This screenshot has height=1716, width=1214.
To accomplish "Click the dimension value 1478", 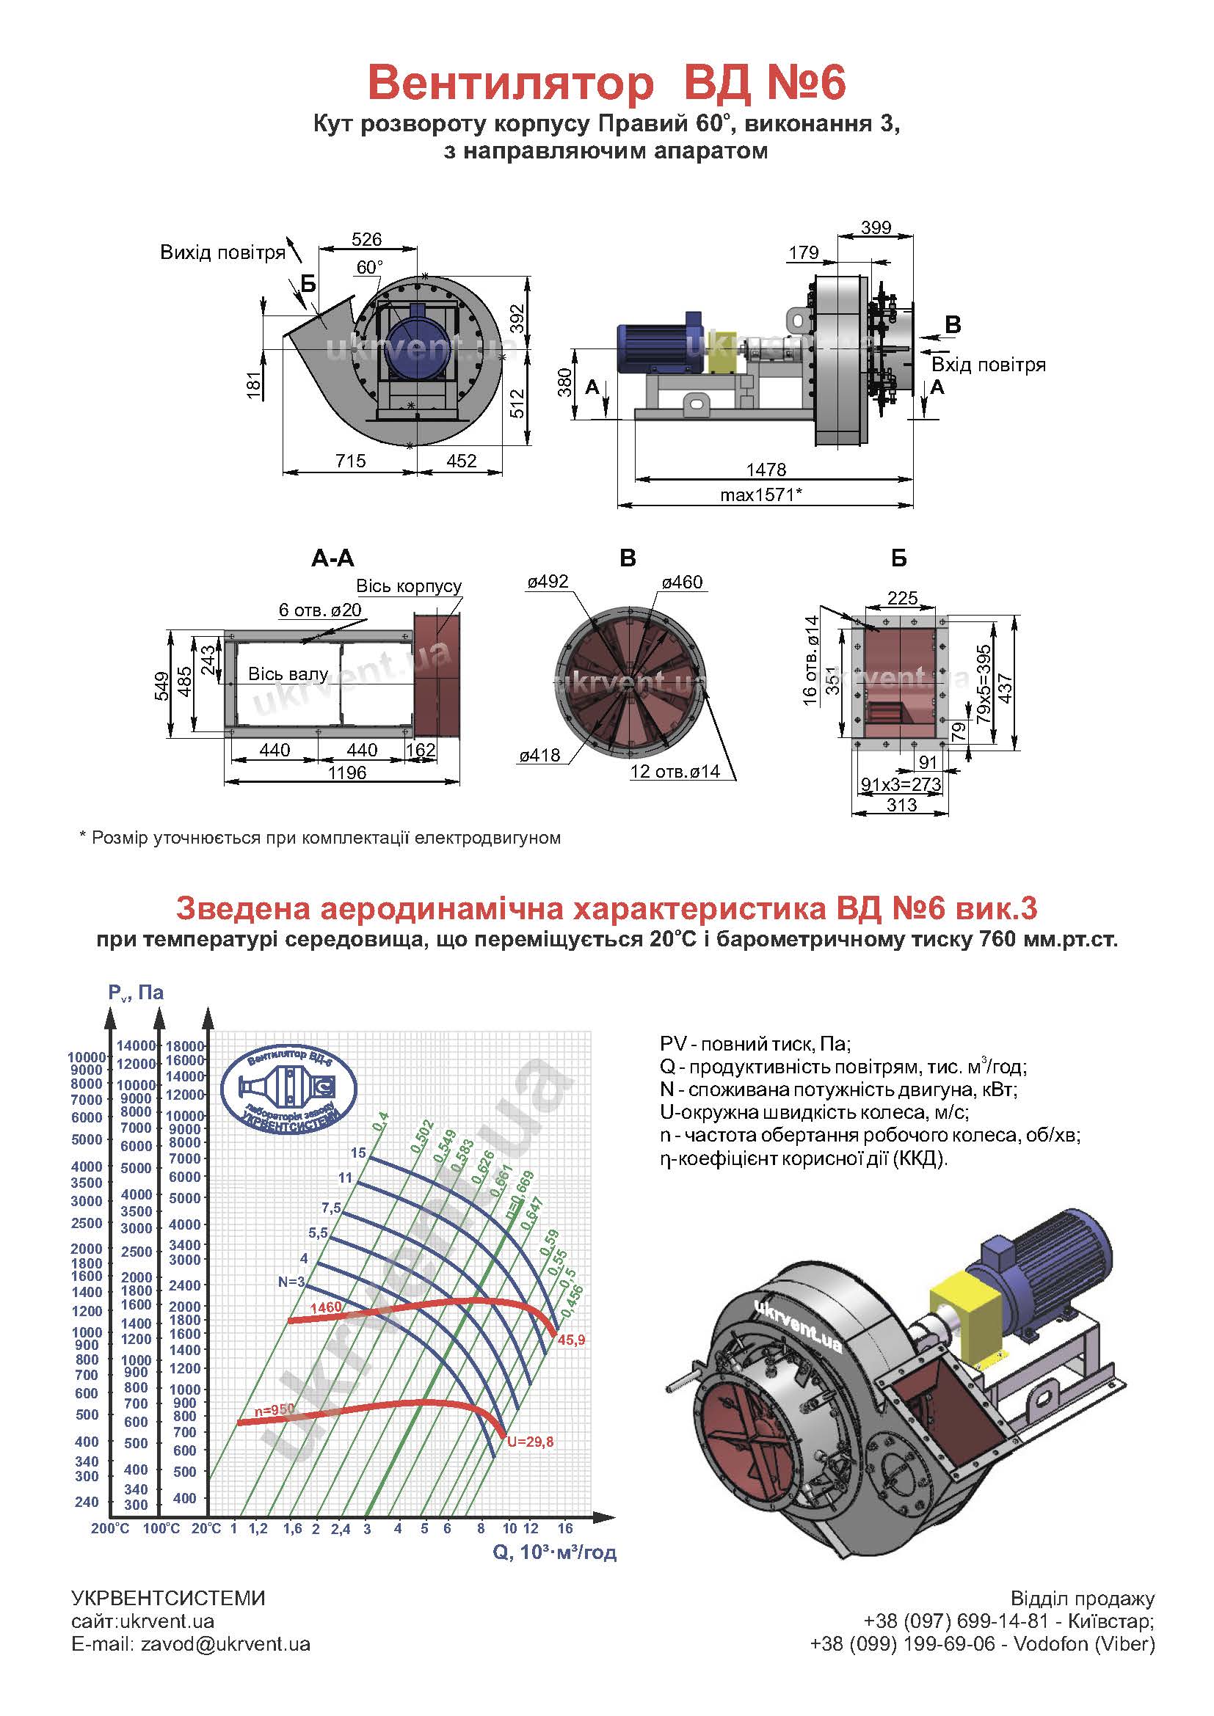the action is click(766, 470).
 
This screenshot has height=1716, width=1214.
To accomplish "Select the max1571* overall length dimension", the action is click(761, 494).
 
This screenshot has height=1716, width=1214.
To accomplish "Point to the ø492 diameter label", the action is click(548, 582).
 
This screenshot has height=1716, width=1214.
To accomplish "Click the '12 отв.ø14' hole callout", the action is click(675, 771).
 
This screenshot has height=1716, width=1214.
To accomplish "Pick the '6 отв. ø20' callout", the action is click(320, 610).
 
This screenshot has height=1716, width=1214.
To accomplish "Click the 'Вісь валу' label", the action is click(288, 674).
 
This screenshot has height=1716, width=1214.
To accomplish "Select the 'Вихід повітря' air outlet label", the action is click(223, 252).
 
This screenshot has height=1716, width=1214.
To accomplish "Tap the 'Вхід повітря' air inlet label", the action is click(988, 365).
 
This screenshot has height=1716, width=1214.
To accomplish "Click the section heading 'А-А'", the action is click(332, 558).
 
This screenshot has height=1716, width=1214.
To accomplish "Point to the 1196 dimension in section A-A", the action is click(347, 772).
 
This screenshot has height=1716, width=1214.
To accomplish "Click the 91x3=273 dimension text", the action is click(901, 784).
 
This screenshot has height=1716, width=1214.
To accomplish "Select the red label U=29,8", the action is click(530, 1442).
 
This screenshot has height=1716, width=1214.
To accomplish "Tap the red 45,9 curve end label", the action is click(571, 1340).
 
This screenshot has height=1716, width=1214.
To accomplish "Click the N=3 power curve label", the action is click(291, 1282).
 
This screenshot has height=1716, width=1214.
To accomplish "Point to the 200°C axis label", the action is click(111, 1528).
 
